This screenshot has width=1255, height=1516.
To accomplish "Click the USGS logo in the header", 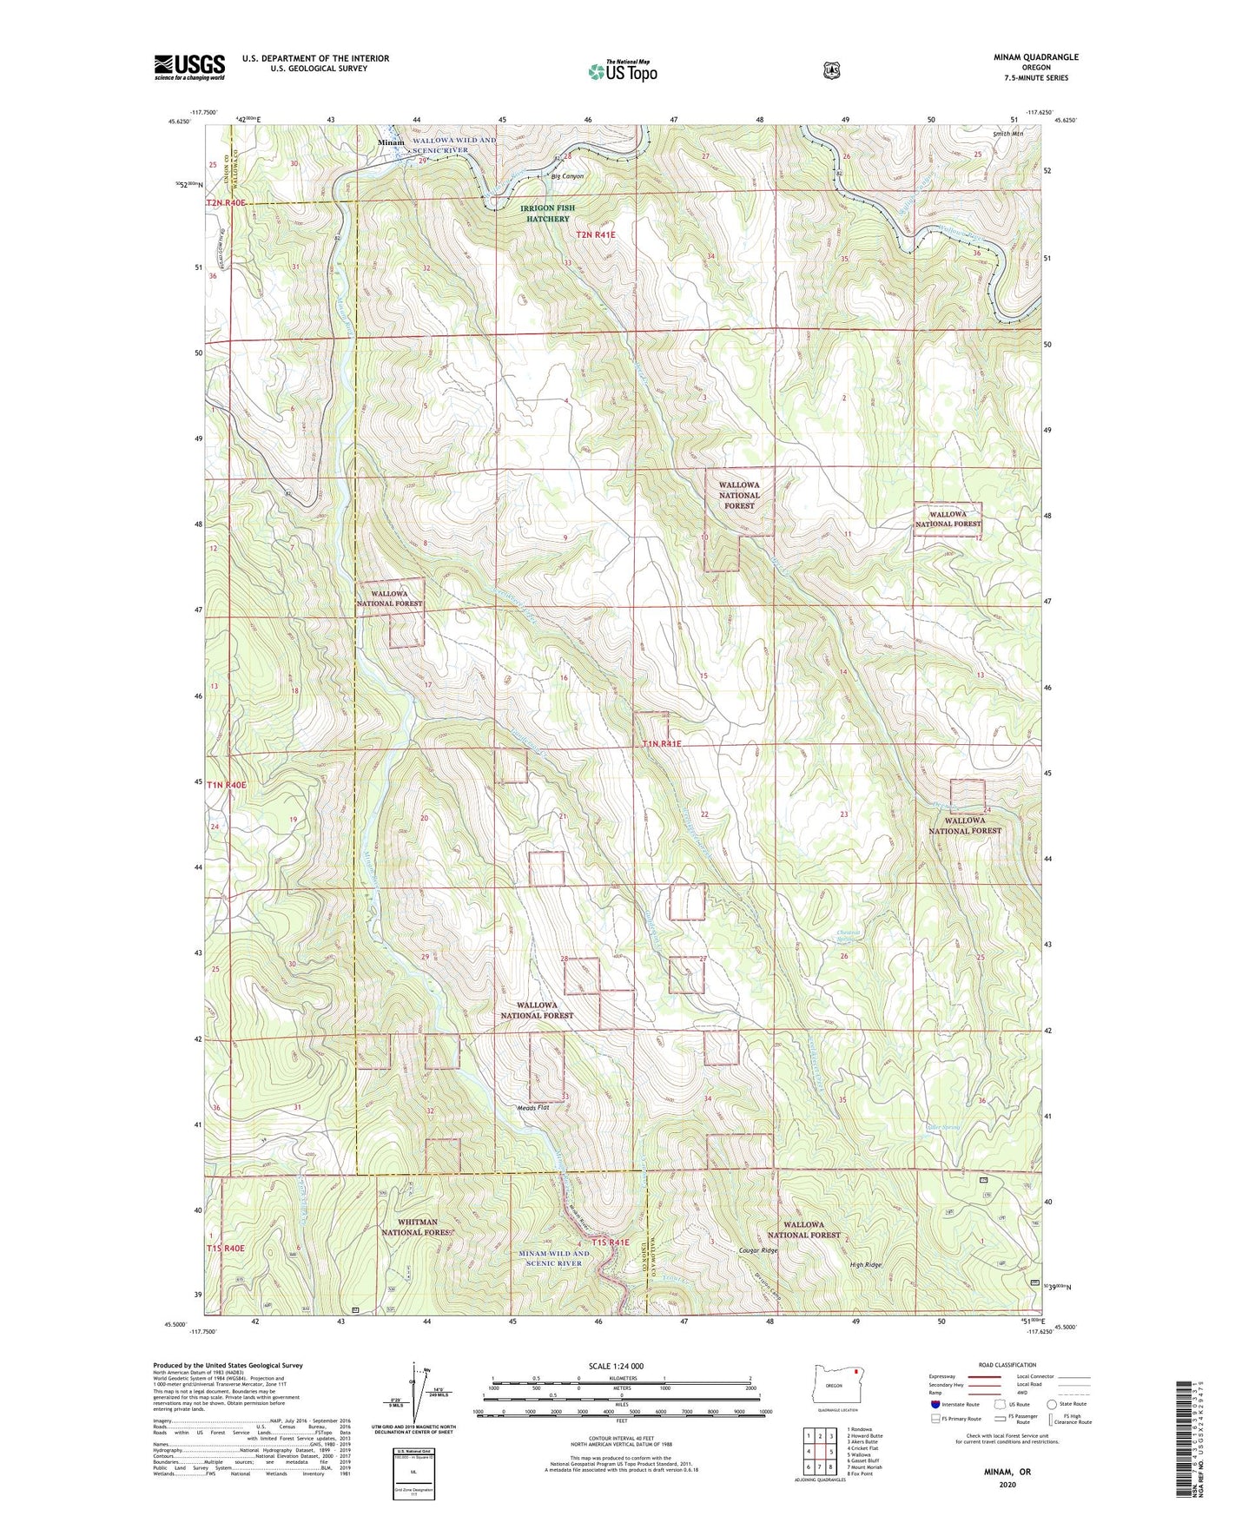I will [x=189, y=66].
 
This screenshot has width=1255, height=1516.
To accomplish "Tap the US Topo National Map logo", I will [x=622, y=71].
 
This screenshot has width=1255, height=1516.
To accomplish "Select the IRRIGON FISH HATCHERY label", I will [x=547, y=214].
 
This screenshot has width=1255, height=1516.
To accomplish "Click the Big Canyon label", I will [x=567, y=176].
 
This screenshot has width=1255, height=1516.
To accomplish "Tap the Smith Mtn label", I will [x=1007, y=135].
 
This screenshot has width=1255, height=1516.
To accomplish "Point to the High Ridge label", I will [x=865, y=1265].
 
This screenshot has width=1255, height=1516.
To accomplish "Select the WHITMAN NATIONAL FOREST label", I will [x=417, y=1227].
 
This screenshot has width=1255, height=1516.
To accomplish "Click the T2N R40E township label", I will [x=227, y=203].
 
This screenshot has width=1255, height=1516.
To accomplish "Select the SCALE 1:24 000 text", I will [x=616, y=1366].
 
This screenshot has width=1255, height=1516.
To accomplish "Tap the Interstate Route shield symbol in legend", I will [x=935, y=1404].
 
